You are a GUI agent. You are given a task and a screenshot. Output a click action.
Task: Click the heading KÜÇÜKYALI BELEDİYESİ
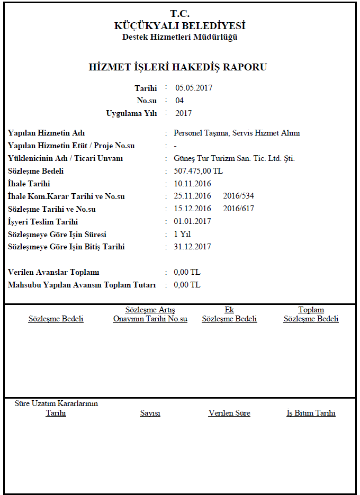(180, 25)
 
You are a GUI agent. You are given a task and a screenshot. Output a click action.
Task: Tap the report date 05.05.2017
(194, 88)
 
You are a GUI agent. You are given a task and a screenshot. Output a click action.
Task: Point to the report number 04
(179, 101)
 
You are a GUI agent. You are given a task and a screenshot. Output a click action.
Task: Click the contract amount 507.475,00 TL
(199, 171)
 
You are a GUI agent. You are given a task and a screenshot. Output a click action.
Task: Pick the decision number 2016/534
(239, 196)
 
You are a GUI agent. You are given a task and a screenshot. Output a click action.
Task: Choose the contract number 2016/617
(239, 209)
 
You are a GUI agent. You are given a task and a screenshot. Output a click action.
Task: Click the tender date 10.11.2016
(193, 184)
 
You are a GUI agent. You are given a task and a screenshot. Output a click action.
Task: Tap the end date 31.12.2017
(193, 247)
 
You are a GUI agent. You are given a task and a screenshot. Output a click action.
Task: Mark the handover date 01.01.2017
(193, 222)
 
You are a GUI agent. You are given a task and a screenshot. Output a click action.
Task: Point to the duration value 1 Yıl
(182, 235)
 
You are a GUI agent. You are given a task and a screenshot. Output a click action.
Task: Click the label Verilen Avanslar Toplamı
(54, 272)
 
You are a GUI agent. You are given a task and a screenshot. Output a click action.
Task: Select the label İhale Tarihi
(29, 184)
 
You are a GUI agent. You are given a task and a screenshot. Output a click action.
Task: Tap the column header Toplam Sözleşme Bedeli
(311, 314)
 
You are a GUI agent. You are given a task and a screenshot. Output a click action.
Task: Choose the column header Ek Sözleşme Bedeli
(229, 314)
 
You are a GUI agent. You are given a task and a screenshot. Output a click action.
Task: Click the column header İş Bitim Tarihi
(311, 413)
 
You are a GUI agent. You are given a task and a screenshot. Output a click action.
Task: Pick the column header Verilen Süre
(229, 413)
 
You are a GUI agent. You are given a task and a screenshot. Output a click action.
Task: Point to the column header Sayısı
(150, 413)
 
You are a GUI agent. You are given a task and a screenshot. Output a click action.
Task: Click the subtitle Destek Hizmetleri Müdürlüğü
(180, 37)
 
